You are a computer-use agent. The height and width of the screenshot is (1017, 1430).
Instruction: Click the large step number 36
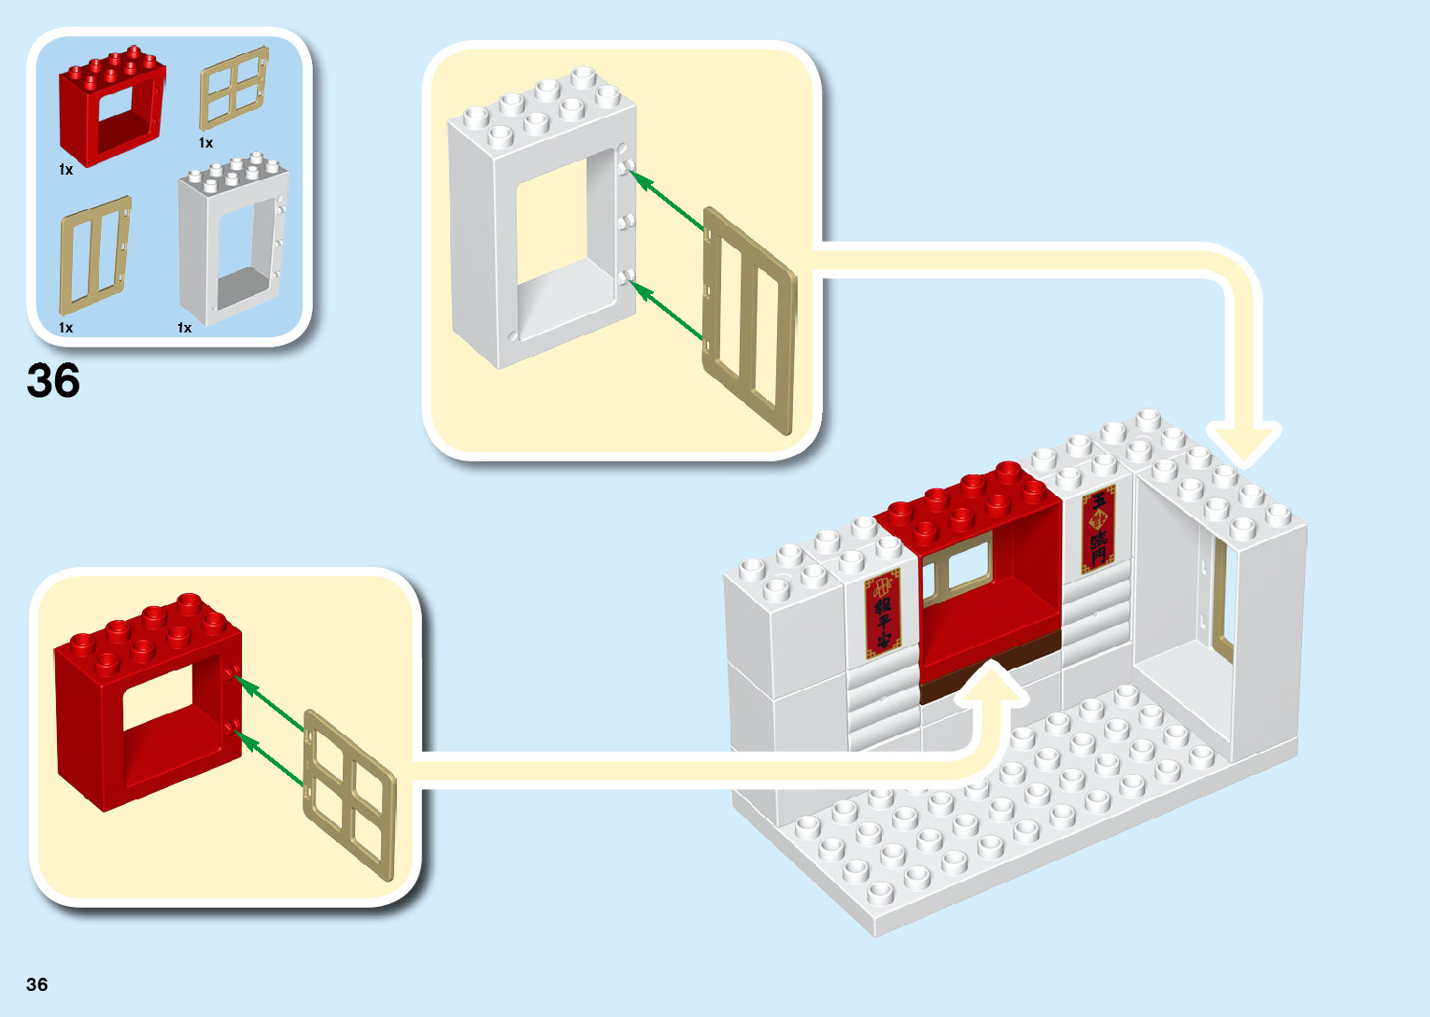pyautogui.click(x=53, y=381)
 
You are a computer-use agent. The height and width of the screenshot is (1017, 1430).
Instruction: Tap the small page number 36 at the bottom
pyautogui.click(x=37, y=984)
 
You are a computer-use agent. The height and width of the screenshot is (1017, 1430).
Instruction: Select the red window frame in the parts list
pyautogui.click(x=111, y=107)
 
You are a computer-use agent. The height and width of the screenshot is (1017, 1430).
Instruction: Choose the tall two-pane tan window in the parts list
pyautogui.click(x=94, y=255)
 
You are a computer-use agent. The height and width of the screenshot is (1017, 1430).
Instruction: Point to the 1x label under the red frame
pyautogui.click(x=65, y=170)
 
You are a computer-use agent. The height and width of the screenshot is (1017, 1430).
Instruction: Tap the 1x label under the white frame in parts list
pyautogui.click(x=184, y=328)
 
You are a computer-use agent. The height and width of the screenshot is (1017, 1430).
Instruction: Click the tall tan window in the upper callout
pyautogui.click(x=749, y=319)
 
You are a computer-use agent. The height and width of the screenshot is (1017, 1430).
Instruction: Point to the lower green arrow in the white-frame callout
pyautogui.click(x=667, y=310)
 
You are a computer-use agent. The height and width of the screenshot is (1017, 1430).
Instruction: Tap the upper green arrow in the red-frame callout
pyautogui.click(x=271, y=703)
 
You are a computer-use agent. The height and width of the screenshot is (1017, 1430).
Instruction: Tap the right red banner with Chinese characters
pyautogui.click(x=1098, y=528)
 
